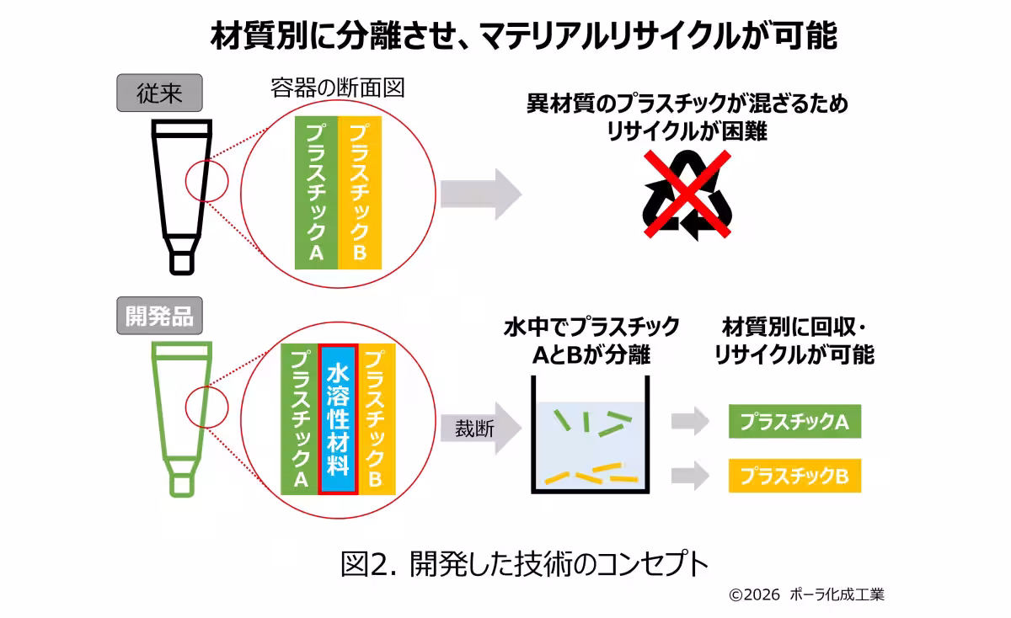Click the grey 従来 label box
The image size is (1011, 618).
point(159,93)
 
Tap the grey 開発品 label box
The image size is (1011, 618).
point(159,317)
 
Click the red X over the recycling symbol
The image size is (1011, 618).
point(687,194)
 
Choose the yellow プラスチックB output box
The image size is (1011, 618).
point(794,477)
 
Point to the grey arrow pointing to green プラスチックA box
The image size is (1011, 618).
point(690,422)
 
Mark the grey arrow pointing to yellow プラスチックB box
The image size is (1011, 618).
point(690,476)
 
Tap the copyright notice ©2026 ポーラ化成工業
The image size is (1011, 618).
point(806,594)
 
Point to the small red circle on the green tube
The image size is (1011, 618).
point(206,408)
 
